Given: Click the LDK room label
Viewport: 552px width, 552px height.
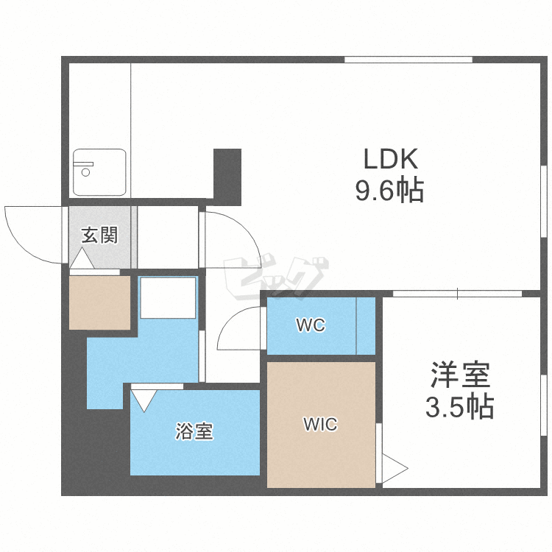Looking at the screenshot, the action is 390,159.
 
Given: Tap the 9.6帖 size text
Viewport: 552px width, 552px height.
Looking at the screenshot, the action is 389,191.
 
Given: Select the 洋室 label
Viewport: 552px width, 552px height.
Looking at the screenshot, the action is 461,375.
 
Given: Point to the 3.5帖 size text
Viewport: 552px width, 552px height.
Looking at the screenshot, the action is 460,407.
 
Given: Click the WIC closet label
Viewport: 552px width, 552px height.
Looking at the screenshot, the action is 320,424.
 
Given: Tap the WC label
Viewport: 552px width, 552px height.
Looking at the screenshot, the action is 311,325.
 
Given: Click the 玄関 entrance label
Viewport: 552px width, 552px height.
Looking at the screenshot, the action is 99,235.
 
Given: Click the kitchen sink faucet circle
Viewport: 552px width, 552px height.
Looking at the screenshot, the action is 85,172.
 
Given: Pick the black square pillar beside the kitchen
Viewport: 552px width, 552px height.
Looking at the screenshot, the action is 227,177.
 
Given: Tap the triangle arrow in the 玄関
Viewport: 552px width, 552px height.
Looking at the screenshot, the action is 82,258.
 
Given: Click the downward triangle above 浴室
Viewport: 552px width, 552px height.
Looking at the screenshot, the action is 144,400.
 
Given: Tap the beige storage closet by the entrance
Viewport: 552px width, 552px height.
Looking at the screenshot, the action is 99,302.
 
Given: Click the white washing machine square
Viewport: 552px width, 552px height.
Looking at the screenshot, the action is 168,298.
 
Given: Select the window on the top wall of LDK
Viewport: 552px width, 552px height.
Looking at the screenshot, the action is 408,60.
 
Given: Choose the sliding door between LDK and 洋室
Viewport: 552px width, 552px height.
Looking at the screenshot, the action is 457,294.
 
